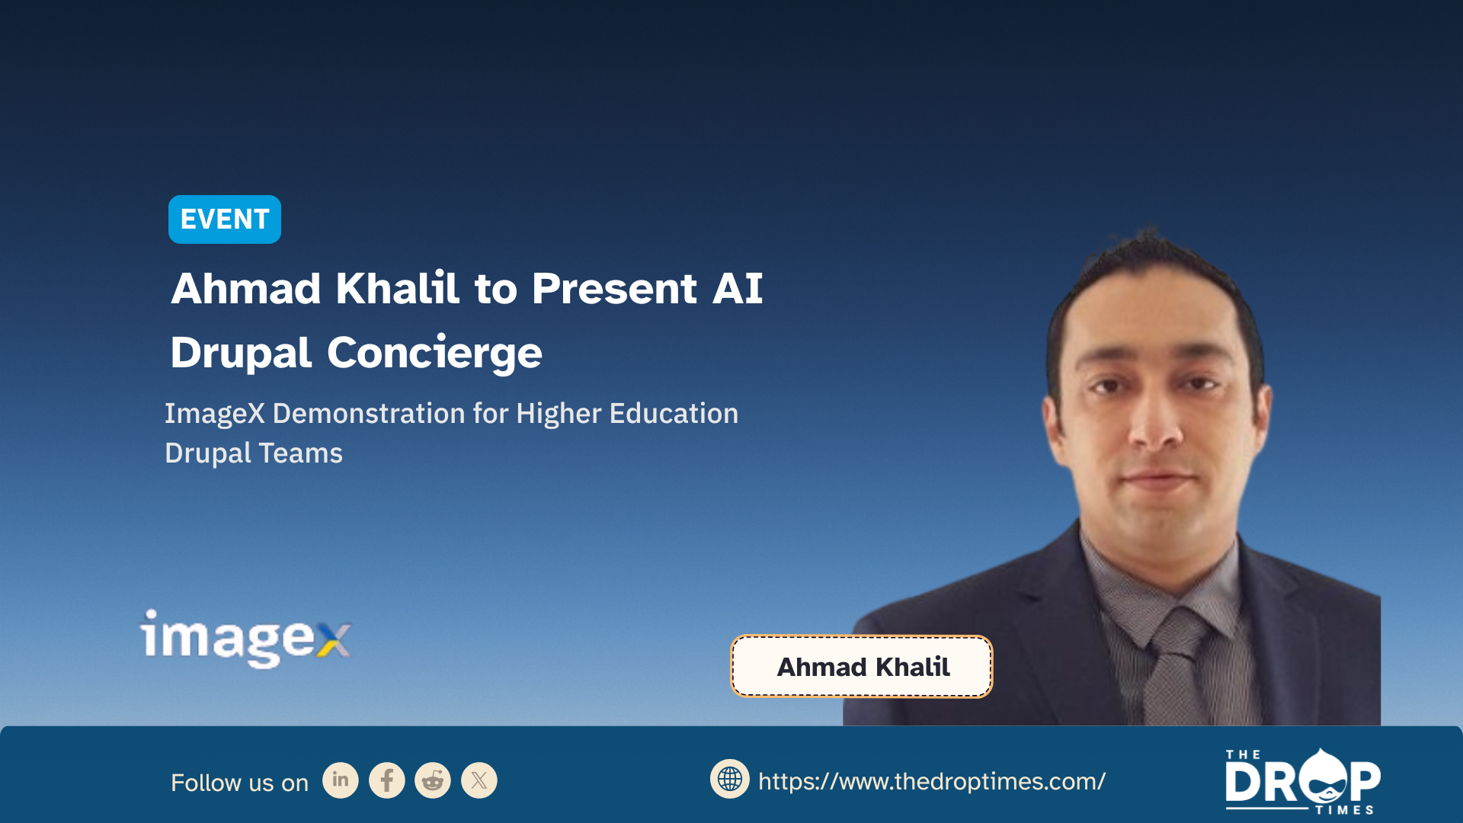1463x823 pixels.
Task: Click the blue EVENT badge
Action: point(225,219)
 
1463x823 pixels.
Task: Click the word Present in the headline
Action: point(614,289)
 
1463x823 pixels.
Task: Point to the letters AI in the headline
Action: point(738,289)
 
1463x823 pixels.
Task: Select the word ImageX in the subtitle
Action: point(215,414)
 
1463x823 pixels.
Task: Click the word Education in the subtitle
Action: point(674,413)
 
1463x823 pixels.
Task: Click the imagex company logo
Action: point(245,639)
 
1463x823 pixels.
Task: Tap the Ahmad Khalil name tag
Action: point(862,667)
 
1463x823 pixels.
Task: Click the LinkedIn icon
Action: point(341,780)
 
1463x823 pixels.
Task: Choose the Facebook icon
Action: point(387,780)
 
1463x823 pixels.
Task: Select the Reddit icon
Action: point(433,780)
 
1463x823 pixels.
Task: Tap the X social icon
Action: point(479,780)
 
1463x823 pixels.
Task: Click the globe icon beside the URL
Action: point(730,779)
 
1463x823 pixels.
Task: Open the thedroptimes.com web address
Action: point(932,782)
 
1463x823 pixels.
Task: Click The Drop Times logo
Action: point(1302,782)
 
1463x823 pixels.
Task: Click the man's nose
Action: point(1157,427)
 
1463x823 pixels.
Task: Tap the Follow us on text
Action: point(239,783)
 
